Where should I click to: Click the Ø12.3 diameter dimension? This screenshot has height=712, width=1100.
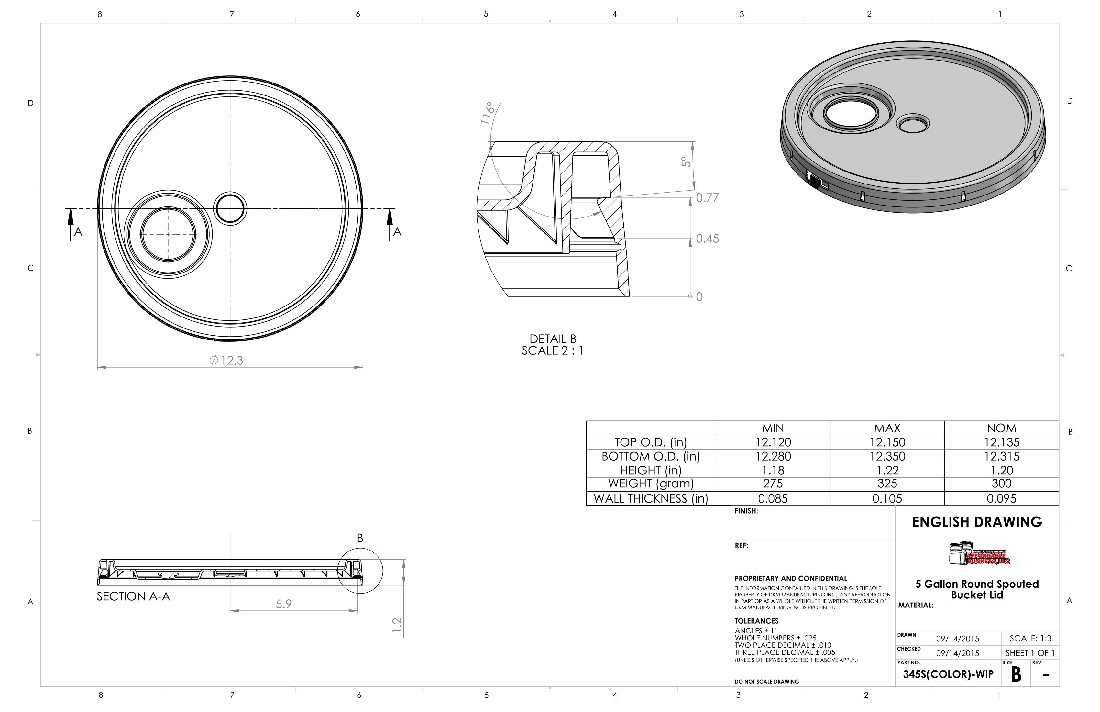click(226, 360)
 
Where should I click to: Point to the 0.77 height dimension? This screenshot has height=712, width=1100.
click(707, 198)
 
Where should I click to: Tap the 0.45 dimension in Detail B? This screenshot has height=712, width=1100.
click(707, 239)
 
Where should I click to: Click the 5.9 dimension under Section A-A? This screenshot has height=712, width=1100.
click(283, 604)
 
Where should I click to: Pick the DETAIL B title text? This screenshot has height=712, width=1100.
click(553, 339)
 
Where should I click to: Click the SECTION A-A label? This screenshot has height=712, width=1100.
click(133, 596)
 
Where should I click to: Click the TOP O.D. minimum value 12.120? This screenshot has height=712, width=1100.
click(773, 442)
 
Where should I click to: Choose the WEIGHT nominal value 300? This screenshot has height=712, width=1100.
click(1002, 484)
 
